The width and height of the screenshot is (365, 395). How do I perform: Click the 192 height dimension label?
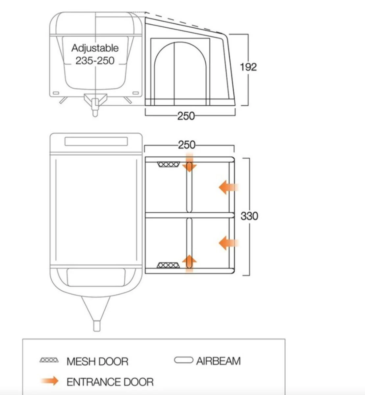click(x=248, y=67)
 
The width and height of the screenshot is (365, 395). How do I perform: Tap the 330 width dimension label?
click(x=249, y=216)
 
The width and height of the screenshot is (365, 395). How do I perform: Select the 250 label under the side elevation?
click(x=186, y=116)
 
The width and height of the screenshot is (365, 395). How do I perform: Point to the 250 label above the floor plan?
click(x=187, y=145)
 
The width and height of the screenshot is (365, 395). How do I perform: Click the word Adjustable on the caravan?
click(x=95, y=48)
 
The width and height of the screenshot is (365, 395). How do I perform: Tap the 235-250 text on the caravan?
click(x=95, y=61)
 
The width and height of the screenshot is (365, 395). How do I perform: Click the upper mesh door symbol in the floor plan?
click(x=168, y=164)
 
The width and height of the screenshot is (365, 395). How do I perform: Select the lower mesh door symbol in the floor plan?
click(x=168, y=265)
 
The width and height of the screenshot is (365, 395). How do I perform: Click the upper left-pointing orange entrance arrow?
click(x=228, y=188)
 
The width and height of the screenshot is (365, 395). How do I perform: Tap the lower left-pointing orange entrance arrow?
click(x=228, y=243)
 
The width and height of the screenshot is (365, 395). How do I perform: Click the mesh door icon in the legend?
click(x=49, y=360)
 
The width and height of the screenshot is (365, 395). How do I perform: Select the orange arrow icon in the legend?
click(x=49, y=381)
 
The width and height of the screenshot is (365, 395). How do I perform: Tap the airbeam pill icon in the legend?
click(x=183, y=360)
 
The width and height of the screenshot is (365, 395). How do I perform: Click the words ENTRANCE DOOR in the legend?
click(x=110, y=382)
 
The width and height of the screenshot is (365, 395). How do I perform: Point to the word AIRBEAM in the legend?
click(x=218, y=361)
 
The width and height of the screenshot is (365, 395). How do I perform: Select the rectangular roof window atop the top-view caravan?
click(x=96, y=141)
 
